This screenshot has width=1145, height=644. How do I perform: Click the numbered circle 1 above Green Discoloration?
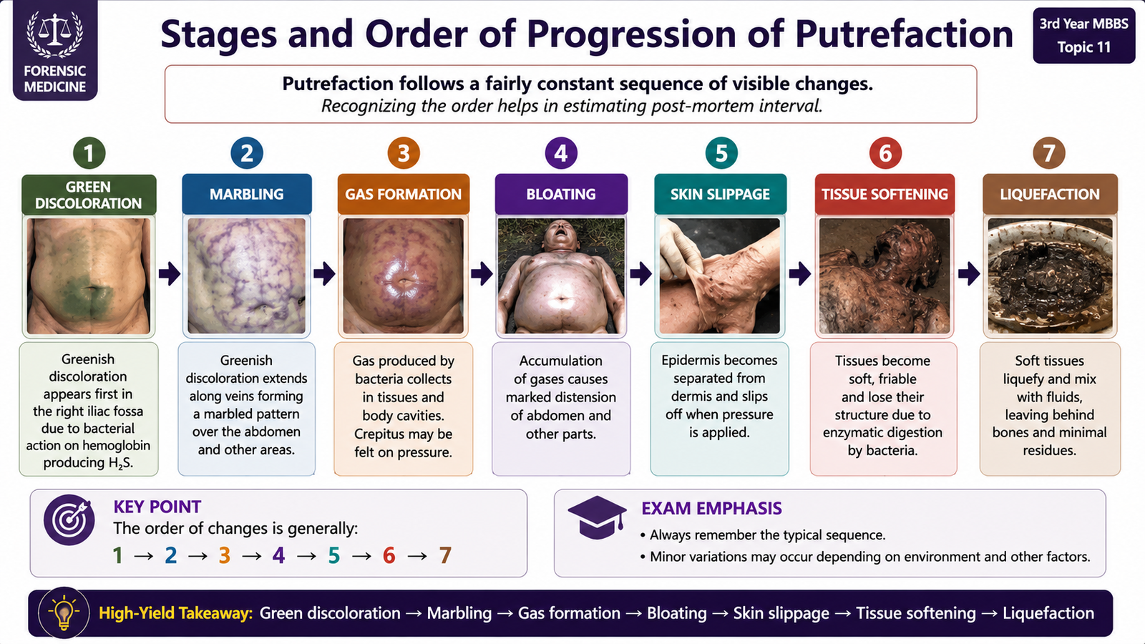[x=89, y=153]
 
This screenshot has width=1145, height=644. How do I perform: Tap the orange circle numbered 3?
[x=404, y=153]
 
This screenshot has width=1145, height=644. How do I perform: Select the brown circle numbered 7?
[x=1049, y=153]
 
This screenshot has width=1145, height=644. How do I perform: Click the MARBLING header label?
[x=246, y=194]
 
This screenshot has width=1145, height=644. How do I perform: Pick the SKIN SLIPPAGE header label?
[x=720, y=194]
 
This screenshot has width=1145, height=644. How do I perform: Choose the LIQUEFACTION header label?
[x=1050, y=194]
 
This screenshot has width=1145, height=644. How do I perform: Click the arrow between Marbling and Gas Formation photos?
[x=324, y=274]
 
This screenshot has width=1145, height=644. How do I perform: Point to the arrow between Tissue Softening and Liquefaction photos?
[x=969, y=274]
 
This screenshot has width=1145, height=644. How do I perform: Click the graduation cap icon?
[x=597, y=517]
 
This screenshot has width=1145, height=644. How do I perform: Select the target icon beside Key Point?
[x=69, y=519]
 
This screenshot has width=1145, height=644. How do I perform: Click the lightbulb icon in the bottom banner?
[x=64, y=613]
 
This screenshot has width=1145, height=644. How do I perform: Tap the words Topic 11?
[x=1084, y=47]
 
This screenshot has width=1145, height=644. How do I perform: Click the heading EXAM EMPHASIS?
[x=711, y=508]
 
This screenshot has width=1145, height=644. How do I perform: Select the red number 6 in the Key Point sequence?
[x=389, y=555]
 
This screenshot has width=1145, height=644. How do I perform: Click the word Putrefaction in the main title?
[x=905, y=34]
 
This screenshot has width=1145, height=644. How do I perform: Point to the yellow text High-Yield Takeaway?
[x=176, y=613]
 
